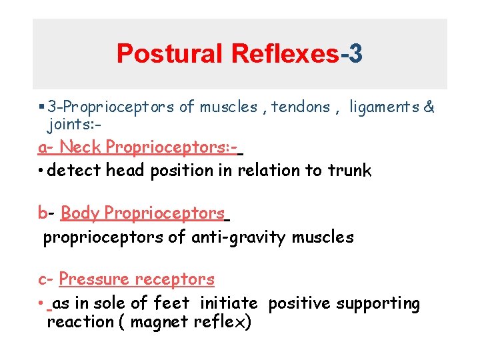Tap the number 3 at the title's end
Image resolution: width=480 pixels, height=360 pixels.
[x=355, y=53]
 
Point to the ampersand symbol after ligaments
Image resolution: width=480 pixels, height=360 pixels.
[x=429, y=107]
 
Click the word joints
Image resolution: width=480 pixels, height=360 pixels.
[x=67, y=125]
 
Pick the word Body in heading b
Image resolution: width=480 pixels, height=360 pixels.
[x=79, y=213]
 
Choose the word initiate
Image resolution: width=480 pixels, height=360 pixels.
[x=229, y=303]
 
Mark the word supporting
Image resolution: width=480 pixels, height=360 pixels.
[x=378, y=304]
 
